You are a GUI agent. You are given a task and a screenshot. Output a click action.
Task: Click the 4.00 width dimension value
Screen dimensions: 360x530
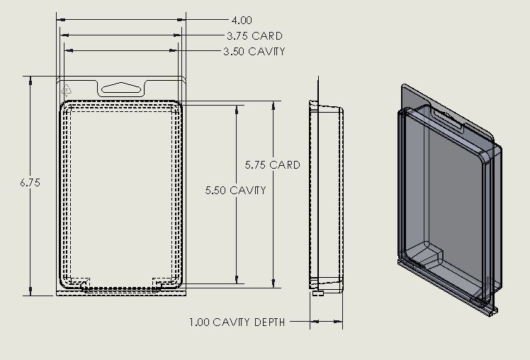click(x=241, y=21)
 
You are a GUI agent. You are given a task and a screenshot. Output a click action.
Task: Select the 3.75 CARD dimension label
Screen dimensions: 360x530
click(x=254, y=35)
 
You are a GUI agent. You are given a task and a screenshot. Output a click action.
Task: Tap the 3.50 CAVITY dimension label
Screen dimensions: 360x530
click(x=254, y=51)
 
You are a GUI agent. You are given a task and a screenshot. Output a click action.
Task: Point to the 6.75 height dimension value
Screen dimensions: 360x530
click(x=30, y=182)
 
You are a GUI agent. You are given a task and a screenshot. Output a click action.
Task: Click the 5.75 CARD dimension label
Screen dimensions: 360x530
click(x=273, y=164)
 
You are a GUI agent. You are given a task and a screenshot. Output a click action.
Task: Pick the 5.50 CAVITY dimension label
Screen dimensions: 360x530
click(x=235, y=190)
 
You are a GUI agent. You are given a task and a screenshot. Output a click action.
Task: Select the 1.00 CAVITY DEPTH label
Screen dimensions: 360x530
click(x=237, y=322)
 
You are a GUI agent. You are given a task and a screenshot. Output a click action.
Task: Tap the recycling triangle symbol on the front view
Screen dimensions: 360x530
click(x=67, y=89)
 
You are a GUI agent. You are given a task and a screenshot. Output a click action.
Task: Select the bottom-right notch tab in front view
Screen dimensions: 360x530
click(x=162, y=283)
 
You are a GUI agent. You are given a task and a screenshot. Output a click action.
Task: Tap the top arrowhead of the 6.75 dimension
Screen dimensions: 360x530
click(x=30, y=80)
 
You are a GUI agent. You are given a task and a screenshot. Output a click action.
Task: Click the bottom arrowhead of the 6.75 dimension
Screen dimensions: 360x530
click(x=30, y=292)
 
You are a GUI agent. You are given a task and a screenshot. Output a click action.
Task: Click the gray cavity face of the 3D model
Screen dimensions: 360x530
click(x=443, y=191)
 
